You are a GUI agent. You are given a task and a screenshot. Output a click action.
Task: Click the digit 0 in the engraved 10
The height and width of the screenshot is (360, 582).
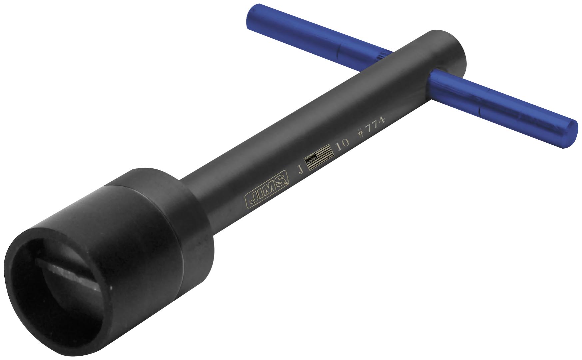coord(345,142)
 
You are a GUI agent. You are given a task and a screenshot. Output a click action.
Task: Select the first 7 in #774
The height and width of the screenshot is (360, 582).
coord(368,128)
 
